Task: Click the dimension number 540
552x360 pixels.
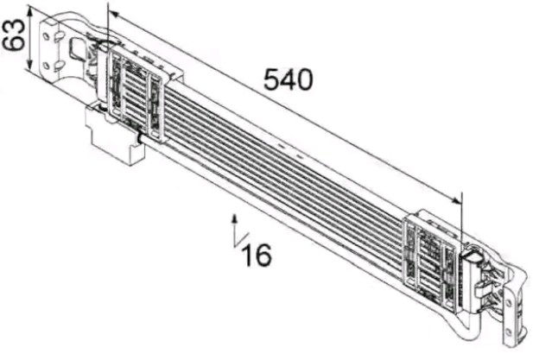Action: pos(288,79)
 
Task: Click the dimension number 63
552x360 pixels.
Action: pos(14,35)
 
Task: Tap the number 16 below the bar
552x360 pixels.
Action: pos(257,254)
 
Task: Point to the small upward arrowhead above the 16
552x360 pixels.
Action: pos(234,219)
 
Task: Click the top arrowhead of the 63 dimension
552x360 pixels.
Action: pos(30,13)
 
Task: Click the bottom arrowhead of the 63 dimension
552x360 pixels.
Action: pos(30,64)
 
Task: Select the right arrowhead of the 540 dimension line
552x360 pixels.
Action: pos(456,200)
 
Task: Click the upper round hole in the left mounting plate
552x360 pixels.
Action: pos(46,35)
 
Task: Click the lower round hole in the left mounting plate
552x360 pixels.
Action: pos(46,66)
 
